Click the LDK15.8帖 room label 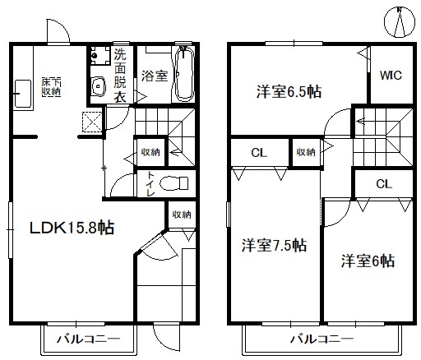tap(72, 228)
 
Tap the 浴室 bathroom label tap(155, 76)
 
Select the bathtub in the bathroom tap(185, 74)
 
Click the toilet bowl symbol tap(173, 183)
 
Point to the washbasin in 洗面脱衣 tap(99, 86)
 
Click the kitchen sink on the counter tap(22, 94)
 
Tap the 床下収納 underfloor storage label tap(51, 87)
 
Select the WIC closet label tap(391, 75)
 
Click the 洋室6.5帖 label tap(289, 92)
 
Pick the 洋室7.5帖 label tap(274, 245)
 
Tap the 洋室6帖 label tap(368, 261)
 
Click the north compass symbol tap(400, 22)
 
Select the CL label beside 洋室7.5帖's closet tap(259, 153)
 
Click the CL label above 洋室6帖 tap(384, 184)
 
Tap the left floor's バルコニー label tap(88, 339)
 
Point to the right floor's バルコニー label tap(322, 339)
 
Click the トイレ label tap(150, 183)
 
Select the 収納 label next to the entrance tap(182, 215)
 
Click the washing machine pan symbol tap(99, 55)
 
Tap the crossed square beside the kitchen tap(92, 122)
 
